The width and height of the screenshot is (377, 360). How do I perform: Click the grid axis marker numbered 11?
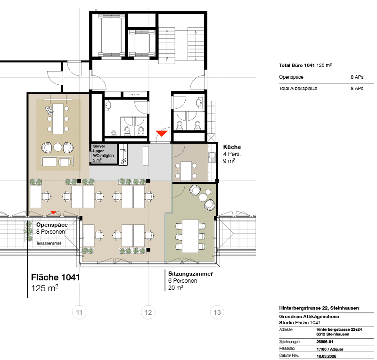point(79,312)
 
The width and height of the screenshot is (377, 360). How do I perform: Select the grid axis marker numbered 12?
point(148,312)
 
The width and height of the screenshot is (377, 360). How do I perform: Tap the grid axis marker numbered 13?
point(217,312)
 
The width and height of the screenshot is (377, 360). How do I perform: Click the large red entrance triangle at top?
point(162,134)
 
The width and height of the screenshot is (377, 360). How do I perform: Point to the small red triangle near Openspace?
point(54,213)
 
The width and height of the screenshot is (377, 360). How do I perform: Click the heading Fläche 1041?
point(56,278)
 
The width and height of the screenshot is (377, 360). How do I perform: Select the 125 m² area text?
point(45,288)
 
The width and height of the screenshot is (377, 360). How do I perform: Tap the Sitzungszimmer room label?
point(190,274)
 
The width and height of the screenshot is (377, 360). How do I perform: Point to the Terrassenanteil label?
point(49,243)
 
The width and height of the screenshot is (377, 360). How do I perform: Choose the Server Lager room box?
point(103,154)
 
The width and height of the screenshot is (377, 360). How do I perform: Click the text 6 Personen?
point(182,281)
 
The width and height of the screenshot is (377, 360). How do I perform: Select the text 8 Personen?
point(50,232)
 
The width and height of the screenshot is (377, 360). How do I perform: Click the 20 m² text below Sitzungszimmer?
point(176,287)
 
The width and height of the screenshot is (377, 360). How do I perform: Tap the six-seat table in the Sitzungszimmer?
point(190,236)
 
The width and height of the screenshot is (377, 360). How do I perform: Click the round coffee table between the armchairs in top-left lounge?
point(58,147)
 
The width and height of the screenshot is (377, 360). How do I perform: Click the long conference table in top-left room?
point(58,118)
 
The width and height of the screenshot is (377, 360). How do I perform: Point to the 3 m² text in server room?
point(97,161)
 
